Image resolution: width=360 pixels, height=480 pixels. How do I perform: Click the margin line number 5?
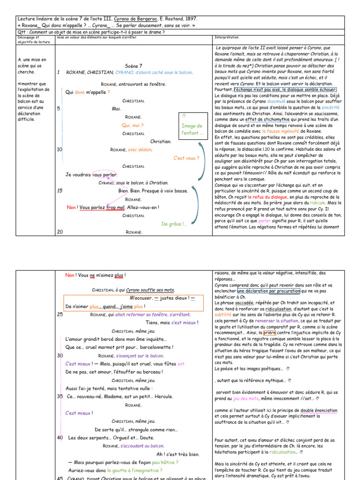(59, 109)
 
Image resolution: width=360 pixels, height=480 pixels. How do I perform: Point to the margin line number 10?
(59, 150)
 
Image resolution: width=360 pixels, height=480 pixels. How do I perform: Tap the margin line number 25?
(60, 315)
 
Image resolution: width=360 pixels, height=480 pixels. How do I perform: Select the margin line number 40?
(60, 437)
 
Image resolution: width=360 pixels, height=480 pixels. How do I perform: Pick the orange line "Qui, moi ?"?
(133, 125)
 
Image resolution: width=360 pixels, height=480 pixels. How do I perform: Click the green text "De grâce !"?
(174, 224)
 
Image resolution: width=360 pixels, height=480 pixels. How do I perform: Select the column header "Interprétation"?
(226, 37)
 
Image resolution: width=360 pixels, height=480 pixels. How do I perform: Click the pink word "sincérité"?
(330, 107)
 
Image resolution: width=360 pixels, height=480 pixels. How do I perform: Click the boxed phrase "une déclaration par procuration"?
(264, 291)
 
